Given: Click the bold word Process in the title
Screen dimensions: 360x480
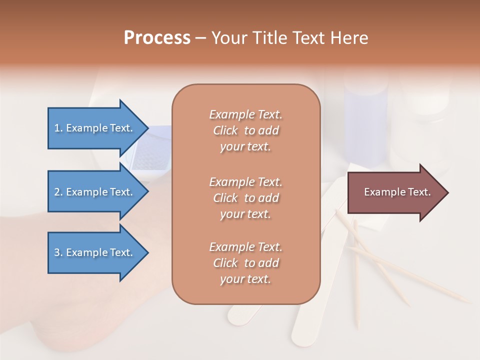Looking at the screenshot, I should point(157,38).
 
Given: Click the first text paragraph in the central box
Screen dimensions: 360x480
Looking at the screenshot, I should point(245,130).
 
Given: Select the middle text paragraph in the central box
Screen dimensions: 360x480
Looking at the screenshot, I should point(245,198).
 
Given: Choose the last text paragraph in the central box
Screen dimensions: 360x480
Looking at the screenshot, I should point(245,263).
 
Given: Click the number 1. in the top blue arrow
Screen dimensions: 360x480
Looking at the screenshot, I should point(58,128).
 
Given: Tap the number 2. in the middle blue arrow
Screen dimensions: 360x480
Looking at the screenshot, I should point(58,192).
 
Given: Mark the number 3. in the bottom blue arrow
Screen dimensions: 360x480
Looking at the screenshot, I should point(58,252).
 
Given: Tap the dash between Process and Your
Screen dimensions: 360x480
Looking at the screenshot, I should point(200,38).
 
